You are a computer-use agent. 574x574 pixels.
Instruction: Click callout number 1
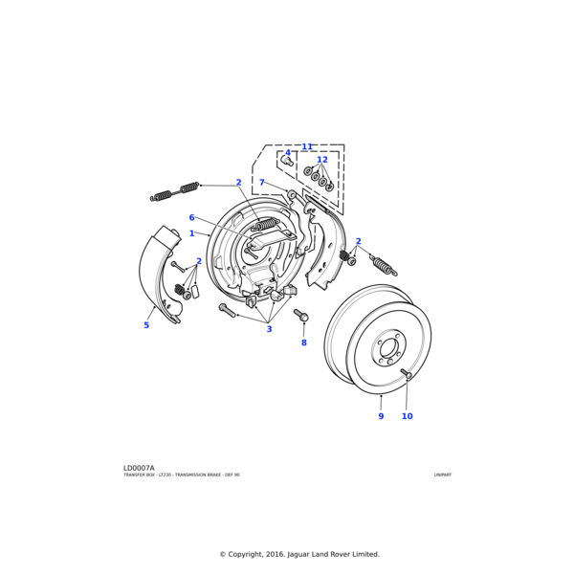point(191,233)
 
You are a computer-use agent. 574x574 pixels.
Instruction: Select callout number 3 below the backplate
point(269,329)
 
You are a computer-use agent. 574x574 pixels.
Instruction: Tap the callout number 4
point(288,153)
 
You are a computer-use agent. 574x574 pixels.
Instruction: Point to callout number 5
point(146,325)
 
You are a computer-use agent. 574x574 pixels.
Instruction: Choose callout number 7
point(261,183)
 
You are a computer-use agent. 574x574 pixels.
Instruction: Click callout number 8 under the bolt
point(304,342)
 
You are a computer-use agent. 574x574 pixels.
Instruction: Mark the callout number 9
point(381,416)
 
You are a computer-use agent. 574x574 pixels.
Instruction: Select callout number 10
point(407,416)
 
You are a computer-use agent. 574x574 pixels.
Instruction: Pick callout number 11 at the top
point(307,147)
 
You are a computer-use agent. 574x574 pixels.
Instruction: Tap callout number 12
point(322,160)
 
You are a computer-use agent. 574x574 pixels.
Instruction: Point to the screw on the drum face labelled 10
point(406,373)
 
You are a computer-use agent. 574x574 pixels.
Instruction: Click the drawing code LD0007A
point(139,468)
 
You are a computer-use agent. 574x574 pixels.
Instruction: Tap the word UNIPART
point(442,475)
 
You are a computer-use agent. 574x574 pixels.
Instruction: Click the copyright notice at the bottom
point(299,554)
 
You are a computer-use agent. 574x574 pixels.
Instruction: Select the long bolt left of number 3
point(228,310)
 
